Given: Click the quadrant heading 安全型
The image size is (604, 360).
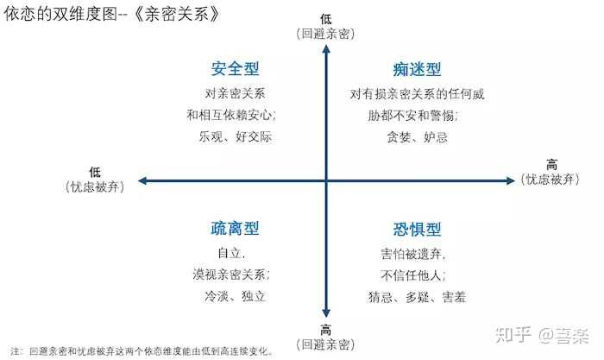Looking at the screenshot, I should click(236, 69).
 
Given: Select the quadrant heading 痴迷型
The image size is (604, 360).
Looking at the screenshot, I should click(417, 69).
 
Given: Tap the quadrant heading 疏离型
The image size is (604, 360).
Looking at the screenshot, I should click(236, 229).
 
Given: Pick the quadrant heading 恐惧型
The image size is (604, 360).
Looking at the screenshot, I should click(417, 229).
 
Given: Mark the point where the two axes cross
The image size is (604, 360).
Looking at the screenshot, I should click(326, 180).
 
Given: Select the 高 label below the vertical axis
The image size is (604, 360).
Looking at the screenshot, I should click(326, 331).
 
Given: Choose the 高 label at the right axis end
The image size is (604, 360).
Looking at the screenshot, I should click(552, 165).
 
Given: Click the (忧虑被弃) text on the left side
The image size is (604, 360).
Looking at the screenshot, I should click(96, 186).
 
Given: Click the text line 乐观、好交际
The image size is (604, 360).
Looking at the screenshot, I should click(236, 136).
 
